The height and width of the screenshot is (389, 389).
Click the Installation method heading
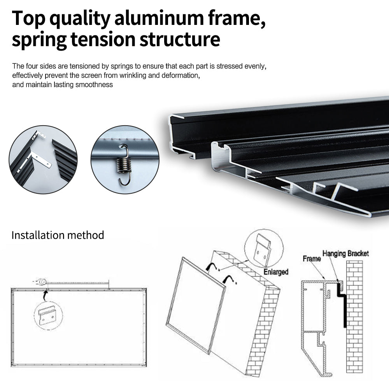(58, 235)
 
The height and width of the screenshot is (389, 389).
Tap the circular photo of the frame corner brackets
(43, 159)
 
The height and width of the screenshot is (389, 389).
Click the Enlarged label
(275, 272)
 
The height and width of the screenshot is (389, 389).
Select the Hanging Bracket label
(345, 254)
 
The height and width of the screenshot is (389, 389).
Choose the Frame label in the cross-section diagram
(312, 259)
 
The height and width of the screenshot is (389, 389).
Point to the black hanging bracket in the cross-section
(342, 303)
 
